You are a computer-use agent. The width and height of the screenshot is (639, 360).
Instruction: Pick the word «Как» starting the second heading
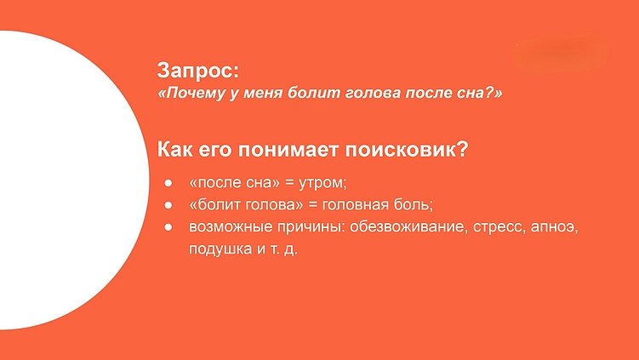coord(176,150)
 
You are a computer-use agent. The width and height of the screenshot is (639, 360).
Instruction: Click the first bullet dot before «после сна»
coord(168,183)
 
